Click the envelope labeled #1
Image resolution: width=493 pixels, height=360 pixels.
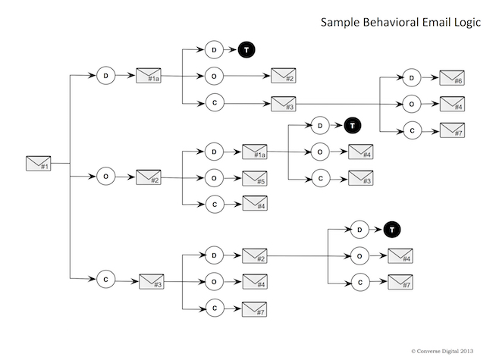pos(37,163)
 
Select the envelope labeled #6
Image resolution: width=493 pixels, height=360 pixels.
pos(451,78)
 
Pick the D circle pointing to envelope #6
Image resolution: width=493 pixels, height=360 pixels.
pos(410,77)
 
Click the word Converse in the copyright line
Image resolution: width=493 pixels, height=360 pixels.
pos(434,351)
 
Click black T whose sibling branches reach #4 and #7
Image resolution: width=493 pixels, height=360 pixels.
pos(391,229)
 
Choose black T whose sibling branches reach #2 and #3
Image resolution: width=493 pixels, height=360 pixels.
pos(247,50)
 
